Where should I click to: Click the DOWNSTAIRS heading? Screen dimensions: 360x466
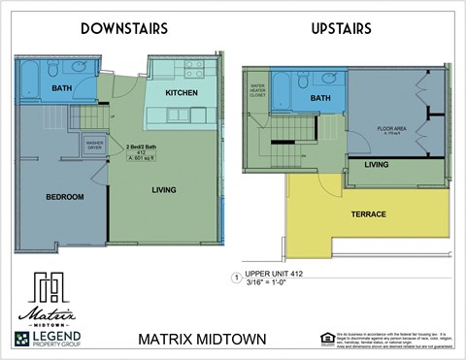(x=123, y=29)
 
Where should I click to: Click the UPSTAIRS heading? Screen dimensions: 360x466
(x=341, y=29)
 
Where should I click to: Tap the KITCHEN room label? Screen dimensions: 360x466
(x=182, y=93)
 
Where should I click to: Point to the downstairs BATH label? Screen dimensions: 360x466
(x=62, y=89)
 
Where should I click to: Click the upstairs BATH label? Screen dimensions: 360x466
(x=320, y=99)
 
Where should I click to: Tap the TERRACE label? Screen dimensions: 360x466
(x=368, y=214)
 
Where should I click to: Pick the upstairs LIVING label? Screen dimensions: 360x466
(x=377, y=165)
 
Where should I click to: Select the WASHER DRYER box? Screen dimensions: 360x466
(x=95, y=147)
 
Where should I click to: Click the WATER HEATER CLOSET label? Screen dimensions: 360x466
(x=258, y=91)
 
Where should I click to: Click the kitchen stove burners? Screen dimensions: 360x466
(x=193, y=69)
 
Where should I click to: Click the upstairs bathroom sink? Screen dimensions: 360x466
(x=328, y=78)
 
